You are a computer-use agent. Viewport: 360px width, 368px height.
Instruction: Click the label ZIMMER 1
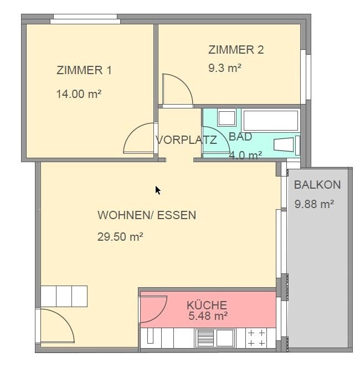pyautogui.click(x=84, y=70)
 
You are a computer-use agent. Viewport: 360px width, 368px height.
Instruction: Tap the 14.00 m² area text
pyautogui.click(x=79, y=94)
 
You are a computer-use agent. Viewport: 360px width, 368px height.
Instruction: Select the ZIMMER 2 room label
pyautogui.click(x=236, y=50)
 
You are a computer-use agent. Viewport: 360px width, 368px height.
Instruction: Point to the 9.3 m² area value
pyautogui.click(x=224, y=68)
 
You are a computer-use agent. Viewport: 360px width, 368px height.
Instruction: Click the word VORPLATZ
pyautogui.click(x=186, y=139)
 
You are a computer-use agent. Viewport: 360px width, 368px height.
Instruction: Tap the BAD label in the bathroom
pyautogui.click(x=240, y=137)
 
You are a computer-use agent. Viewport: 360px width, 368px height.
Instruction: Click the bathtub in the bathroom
pyautogui.click(x=271, y=120)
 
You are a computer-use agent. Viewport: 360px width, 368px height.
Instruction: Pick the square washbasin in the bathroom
pyautogui.click(x=227, y=118)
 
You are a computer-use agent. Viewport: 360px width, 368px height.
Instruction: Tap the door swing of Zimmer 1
pyautogui.click(x=140, y=139)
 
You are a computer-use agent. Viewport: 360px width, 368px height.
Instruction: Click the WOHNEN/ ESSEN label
pyautogui.click(x=147, y=215)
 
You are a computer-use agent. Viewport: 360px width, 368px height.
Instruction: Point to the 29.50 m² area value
pyautogui.click(x=121, y=237)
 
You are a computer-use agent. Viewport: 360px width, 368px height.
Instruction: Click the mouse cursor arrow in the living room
pyautogui.click(x=158, y=190)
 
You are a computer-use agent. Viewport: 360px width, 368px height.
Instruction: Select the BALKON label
pyautogui.click(x=317, y=185)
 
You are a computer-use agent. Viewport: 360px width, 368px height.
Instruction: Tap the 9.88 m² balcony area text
pyautogui.click(x=314, y=204)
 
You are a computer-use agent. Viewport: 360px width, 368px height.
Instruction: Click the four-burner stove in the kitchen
pyautogui.click(x=256, y=338)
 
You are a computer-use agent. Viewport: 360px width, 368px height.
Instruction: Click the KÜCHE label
pyautogui.click(x=207, y=305)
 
